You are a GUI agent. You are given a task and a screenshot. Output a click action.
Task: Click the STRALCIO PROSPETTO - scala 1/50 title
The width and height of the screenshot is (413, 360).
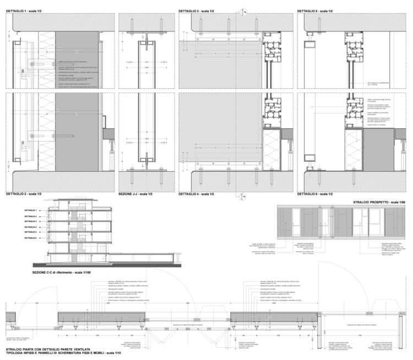[381, 203]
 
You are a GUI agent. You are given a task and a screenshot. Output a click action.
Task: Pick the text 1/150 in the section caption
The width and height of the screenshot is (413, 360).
[95, 272]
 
